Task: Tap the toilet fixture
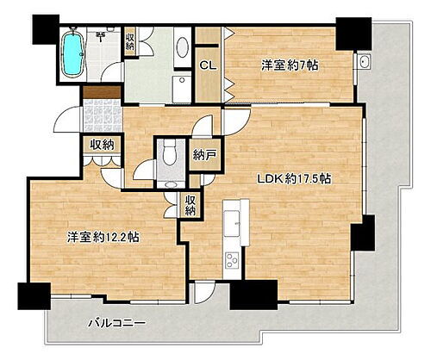[170, 156]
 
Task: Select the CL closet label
[208, 65]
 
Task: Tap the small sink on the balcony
[365, 64]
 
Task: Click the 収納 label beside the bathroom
[130, 40]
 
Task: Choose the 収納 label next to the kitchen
[190, 204]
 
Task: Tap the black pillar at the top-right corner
[349, 34]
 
